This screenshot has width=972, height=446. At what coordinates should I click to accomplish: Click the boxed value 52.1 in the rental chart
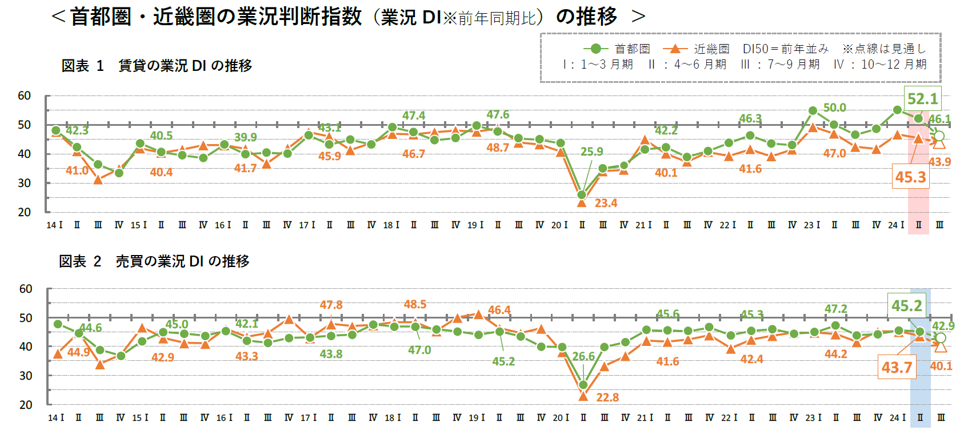[922, 99]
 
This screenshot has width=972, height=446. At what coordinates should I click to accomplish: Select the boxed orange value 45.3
[910, 177]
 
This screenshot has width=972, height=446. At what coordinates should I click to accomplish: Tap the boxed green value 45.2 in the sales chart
[906, 306]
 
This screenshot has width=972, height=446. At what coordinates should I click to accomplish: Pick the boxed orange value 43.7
[897, 367]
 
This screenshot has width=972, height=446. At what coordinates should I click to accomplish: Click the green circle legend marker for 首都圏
[595, 49]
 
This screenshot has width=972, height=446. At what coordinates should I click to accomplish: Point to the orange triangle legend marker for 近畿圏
[675, 49]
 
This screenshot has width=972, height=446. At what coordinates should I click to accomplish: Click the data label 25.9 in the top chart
[591, 152]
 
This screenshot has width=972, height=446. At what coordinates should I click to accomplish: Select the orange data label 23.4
[606, 203]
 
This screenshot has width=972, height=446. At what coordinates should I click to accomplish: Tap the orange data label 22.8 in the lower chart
[607, 397]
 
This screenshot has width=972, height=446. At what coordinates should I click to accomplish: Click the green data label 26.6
[583, 356]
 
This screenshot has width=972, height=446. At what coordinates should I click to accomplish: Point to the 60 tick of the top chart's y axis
[24, 95]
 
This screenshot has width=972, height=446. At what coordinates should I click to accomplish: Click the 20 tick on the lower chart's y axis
[26, 405]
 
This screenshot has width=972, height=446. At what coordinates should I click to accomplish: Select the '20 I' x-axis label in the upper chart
[559, 225]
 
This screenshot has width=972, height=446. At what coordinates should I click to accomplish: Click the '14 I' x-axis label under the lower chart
[55, 418]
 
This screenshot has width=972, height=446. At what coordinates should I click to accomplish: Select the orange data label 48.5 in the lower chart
[415, 304]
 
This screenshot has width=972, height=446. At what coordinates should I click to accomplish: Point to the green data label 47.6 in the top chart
[498, 115]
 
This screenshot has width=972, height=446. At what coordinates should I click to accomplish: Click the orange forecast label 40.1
[941, 366]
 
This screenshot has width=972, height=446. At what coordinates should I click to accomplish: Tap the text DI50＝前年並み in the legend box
[785, 49]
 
